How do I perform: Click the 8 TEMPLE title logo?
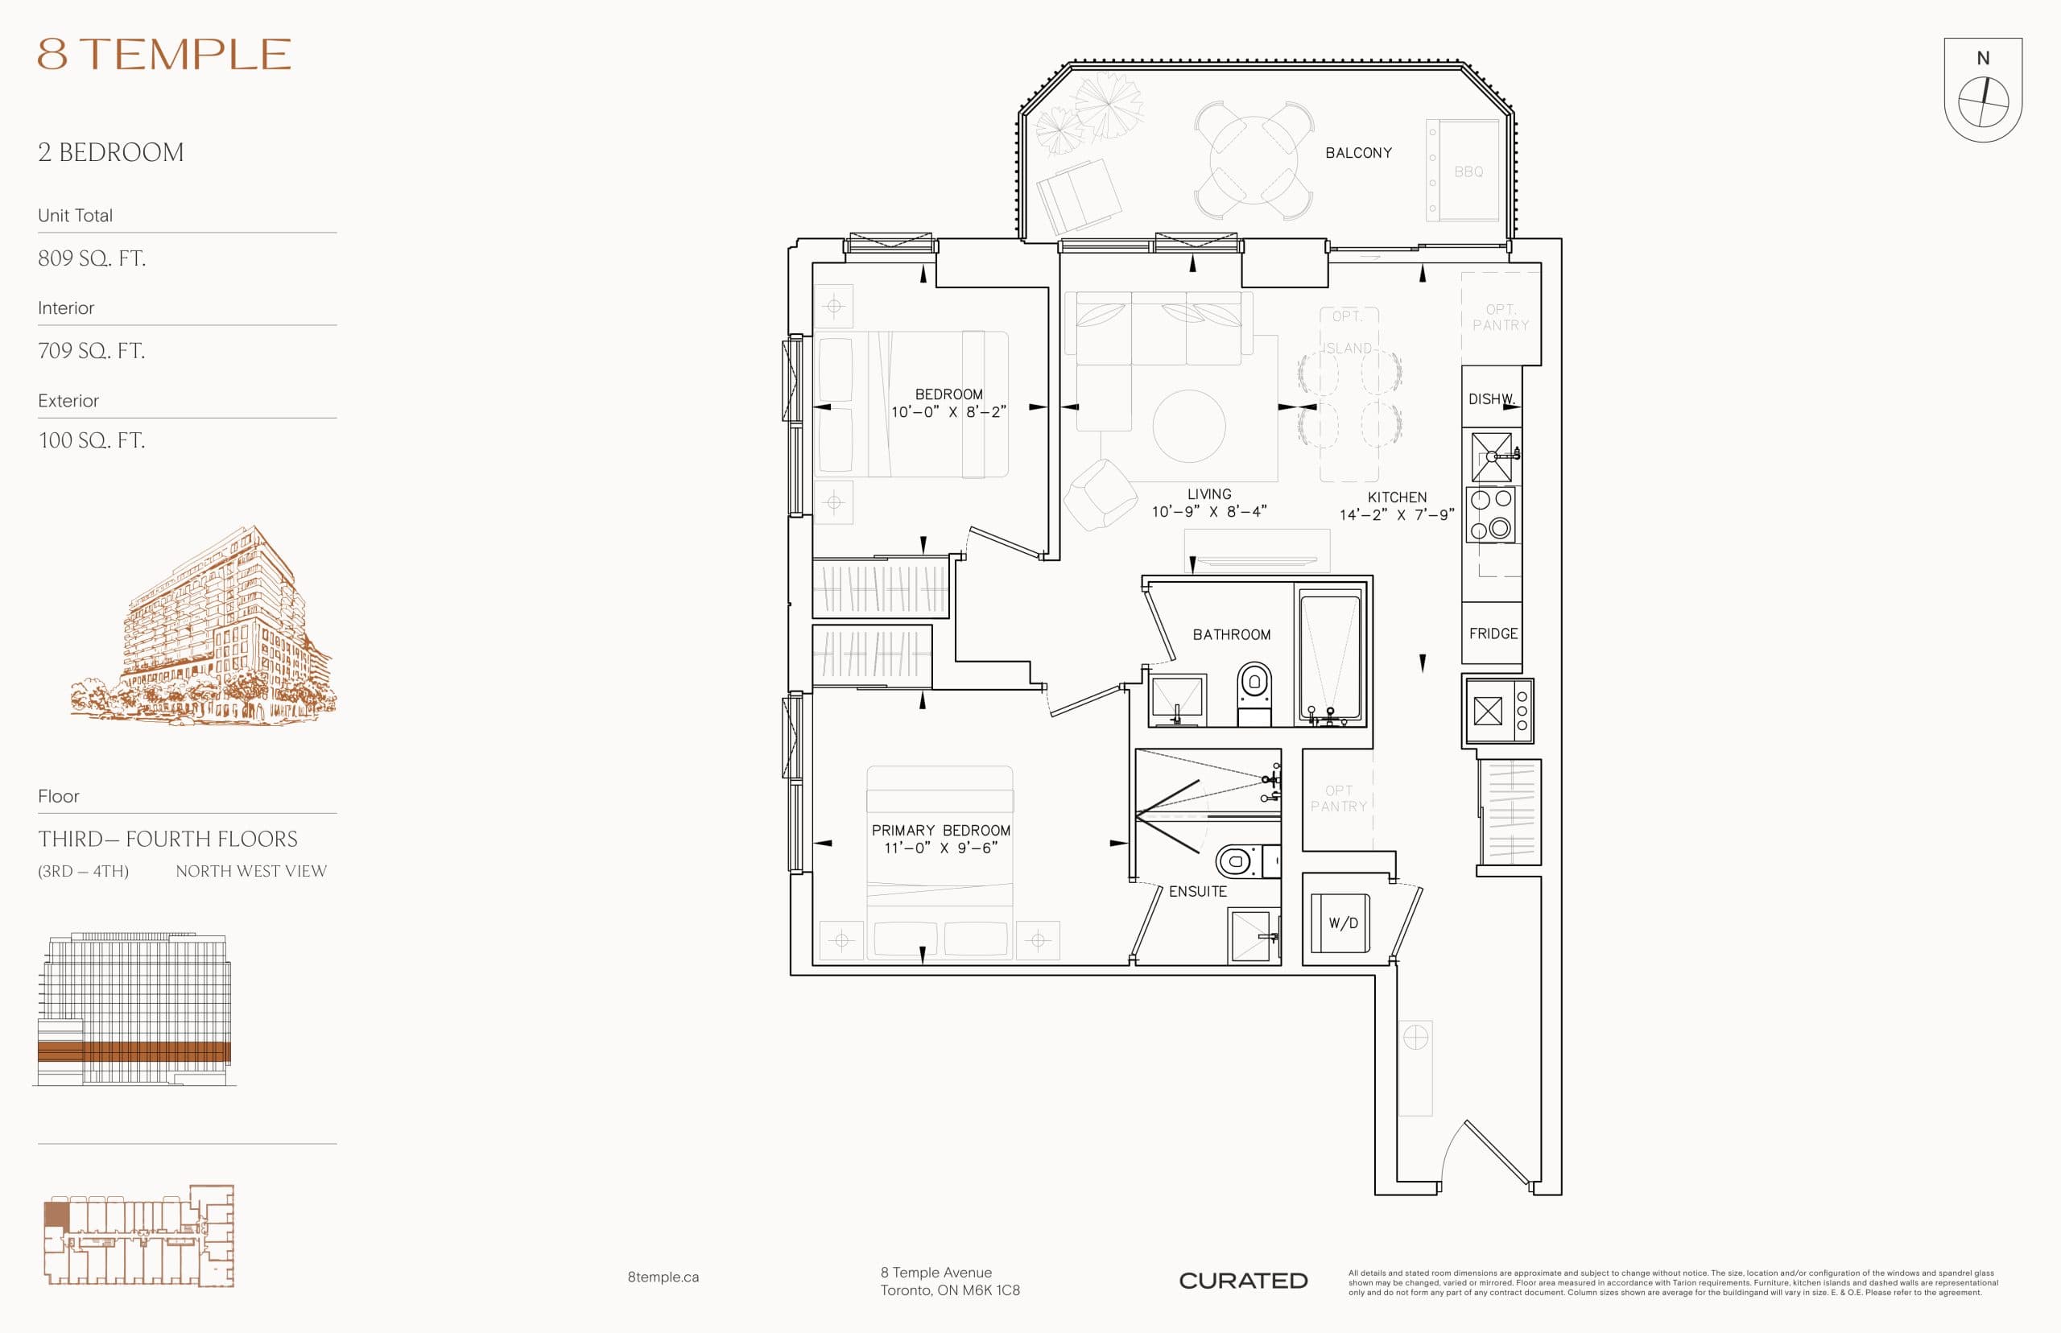coord(163,54)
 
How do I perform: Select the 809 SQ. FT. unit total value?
coord(92,258)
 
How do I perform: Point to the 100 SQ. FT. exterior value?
coord(92,440)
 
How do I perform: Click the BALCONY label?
coord(1358,153)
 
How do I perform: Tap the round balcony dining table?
coord(1253,160)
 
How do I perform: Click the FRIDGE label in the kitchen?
coord(1493,633)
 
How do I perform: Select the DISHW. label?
coord(1489,399)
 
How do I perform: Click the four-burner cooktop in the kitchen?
coord(1490,514)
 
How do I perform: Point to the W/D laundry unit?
coord(1342,922)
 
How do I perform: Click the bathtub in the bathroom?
coord(1329,655)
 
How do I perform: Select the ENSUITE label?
coord(1197,892)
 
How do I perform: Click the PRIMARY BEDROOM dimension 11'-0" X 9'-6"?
coord(940,848)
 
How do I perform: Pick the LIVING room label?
coord(1208,494)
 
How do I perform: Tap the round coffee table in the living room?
coord(1188,426)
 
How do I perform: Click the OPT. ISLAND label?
coord(1347,332)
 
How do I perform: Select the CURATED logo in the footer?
coord(1242,1280)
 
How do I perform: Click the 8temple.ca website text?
coord(663,1277)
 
